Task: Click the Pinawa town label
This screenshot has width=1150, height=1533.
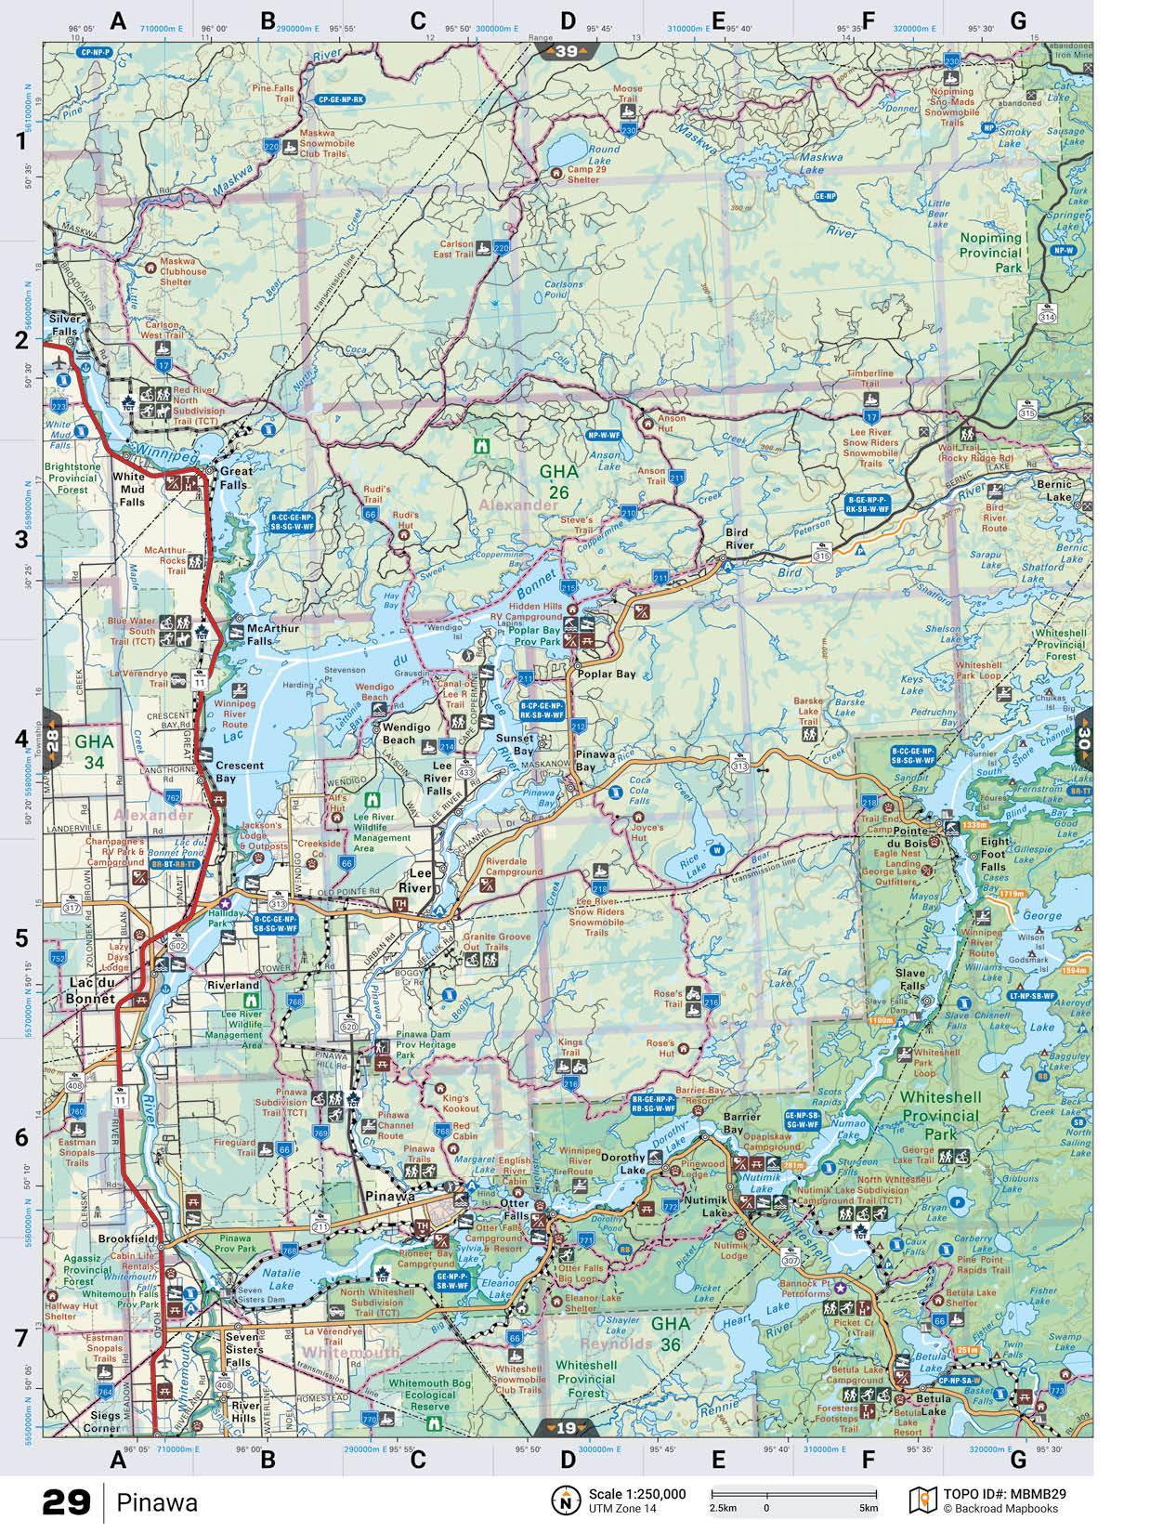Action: pyautogui.click(x=389, y=1196)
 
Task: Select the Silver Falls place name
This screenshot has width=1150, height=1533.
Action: pyautogui.click(x=66, y=324)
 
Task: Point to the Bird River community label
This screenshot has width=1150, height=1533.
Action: pyautogui.click(x=740, y=539)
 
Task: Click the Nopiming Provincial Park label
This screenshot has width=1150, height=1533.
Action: pyautogui.click(x=990, y=252)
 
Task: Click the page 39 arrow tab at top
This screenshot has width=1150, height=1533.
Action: pyautogui.click(x=567, y=52)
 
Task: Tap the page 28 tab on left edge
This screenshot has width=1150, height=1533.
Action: pyautogui.click(x=52, y=740)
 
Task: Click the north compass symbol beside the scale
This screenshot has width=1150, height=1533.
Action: pyautogui.click(x=566, y=1500)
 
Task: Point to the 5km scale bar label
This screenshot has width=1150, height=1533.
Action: pyautogui.click(x=868, y=1507)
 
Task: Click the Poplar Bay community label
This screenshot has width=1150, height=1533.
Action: pyautogui.click(x=607, y=674)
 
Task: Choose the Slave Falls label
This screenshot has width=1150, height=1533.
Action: pyautogui.click(x=910, y=979)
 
